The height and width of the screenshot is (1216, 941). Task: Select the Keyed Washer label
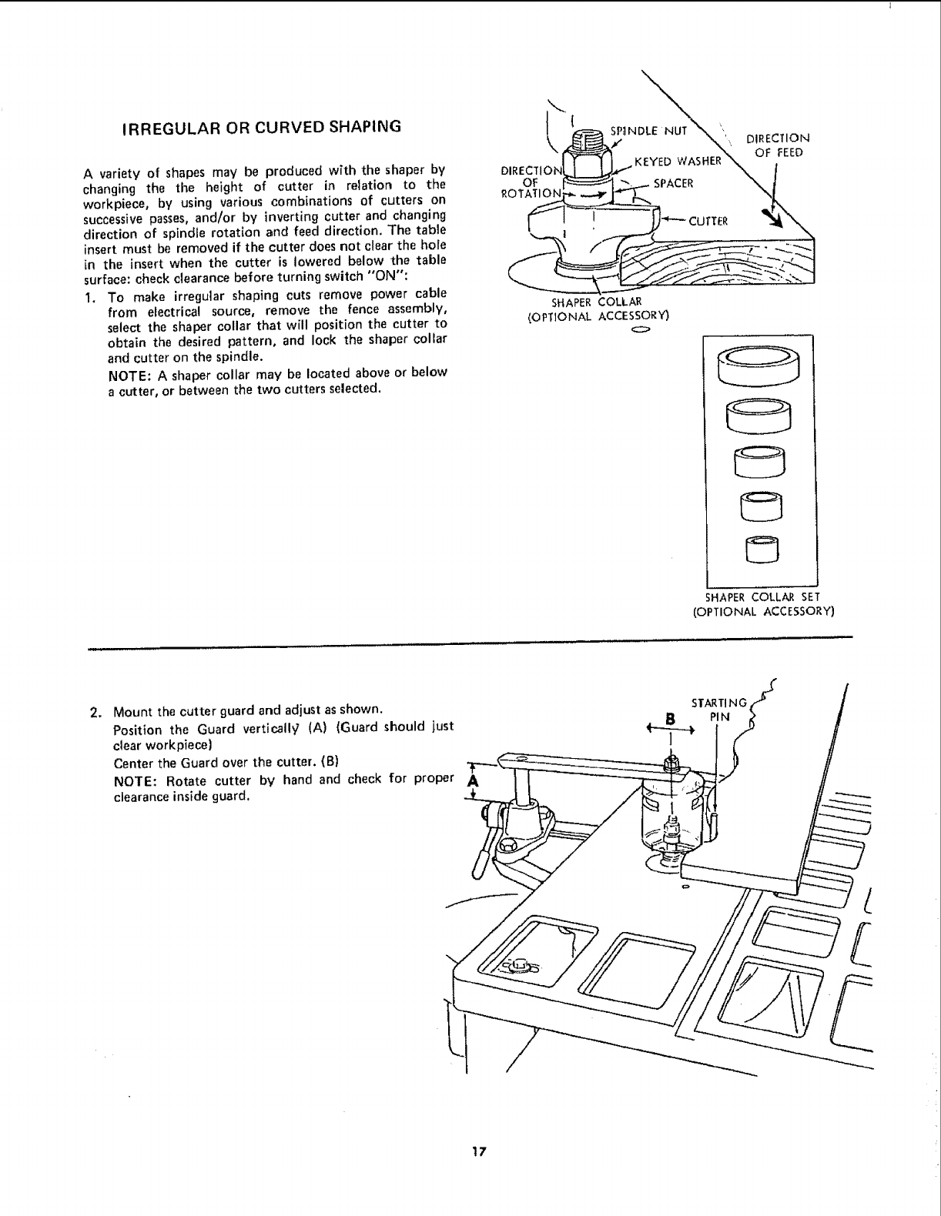pos(678,162)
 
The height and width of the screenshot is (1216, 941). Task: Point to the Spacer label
pos(673,183)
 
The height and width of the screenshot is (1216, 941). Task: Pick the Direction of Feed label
pos(779,145)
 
